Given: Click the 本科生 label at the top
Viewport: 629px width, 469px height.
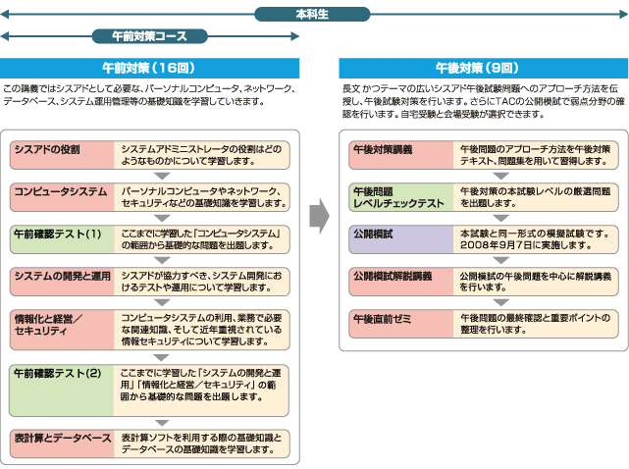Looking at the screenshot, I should point(314,14).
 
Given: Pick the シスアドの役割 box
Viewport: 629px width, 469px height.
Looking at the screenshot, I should point(62,155).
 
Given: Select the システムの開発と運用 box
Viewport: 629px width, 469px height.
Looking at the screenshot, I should point(62,281).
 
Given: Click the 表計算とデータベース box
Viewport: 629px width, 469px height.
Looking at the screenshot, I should point(62,443).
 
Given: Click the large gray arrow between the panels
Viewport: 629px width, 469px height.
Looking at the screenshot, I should point(318,213).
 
